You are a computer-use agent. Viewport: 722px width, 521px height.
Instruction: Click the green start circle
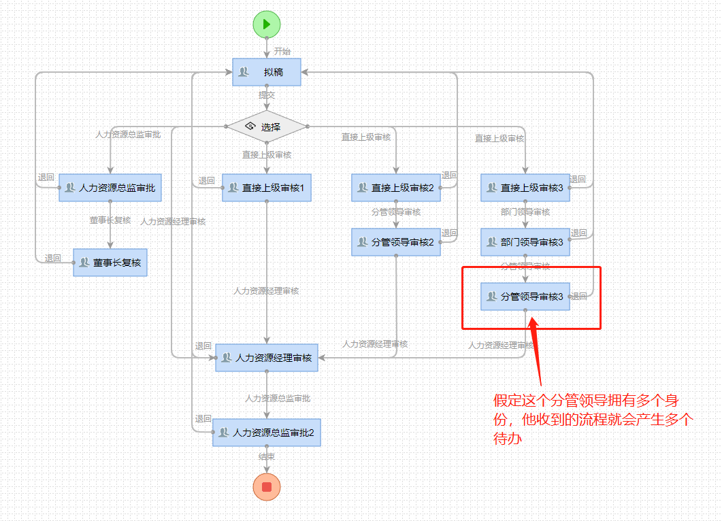click(x=267, y=24)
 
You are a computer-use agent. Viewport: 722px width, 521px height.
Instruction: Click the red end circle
click(x=267, y=487)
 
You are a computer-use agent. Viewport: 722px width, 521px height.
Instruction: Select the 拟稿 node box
click(x=267, y=72)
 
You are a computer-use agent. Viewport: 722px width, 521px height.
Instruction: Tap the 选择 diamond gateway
click(x=267, y=127)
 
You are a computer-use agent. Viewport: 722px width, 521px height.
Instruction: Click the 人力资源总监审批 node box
click(x=110, y=188)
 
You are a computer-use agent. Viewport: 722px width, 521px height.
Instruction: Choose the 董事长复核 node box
click(x=110, y=262)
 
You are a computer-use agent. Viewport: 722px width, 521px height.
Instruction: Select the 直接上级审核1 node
click(x=267, y=188)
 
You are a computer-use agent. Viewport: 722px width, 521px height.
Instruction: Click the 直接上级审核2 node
click(x=396, y=188)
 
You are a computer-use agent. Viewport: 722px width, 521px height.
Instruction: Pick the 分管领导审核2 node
click(x=396, y=242)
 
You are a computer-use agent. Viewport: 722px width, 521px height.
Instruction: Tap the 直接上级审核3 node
click(x=525, y=188)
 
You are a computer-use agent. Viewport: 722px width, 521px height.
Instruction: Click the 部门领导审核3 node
click(x=525, y=242)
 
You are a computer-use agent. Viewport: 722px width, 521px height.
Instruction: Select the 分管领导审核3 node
click(x=525, y=297)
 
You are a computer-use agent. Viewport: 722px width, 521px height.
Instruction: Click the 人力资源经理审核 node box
click(x=267, y=358)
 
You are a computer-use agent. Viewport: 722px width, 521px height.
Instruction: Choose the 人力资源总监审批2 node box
click(x=267, y=433)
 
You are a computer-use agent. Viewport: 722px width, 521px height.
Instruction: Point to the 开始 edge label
click(x=282, y=52)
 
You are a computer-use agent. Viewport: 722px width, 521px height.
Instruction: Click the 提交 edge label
click(x=267, y=96)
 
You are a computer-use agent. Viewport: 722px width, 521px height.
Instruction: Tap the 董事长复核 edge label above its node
click(x=110, y=220)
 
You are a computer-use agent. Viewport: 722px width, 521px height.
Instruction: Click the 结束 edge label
click(x=267, y=457)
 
